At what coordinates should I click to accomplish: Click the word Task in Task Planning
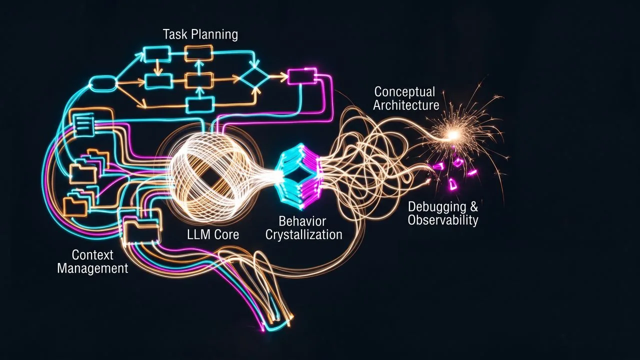175,34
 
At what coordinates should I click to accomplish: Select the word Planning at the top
214,35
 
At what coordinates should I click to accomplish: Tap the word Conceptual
404,92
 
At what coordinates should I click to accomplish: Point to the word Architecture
406,105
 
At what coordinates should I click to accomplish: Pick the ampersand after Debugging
473,206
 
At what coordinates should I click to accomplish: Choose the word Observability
443,220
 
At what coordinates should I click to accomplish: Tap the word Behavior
302,221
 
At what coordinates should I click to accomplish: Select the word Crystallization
304,235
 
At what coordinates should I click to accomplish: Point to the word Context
92,255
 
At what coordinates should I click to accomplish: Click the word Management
92,268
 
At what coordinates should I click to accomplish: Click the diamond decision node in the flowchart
254,76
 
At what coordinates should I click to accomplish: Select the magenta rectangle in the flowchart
302,75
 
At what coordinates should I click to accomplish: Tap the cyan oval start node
102,83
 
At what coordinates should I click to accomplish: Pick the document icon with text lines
84,124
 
